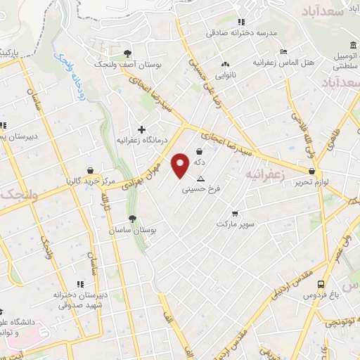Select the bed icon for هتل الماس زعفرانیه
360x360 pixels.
click(x=283, y=51)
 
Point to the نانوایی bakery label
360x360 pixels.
click(x=225, y=74)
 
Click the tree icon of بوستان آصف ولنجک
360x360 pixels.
click(x=127, y=53)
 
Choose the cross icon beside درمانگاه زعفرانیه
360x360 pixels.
click(x=142, y=129)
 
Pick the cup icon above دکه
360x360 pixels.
click(x=200, y=151)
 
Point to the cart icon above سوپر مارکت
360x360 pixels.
click(x=234, y=213)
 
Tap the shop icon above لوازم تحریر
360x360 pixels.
click(x=311, y=171)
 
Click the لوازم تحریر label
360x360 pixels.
click(x=312, y=182)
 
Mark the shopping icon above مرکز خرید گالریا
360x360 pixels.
click(x=90, y=170)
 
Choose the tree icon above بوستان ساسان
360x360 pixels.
click(x=131, y=219)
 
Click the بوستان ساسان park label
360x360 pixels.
click(x=131, y=230)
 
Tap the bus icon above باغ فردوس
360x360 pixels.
click(x=321, y=284)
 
